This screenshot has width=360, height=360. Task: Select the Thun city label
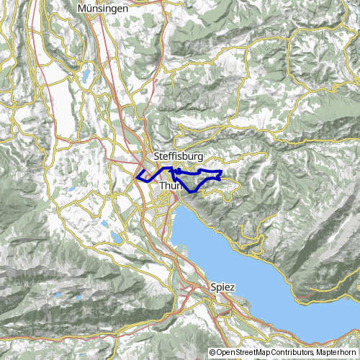(171, 186)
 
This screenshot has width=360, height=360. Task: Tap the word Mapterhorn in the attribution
(336, 352)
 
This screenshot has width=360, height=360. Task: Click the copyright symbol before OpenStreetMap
(212, 352)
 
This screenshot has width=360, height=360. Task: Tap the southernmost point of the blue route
(191, 191)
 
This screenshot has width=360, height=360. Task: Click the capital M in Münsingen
(80, 8)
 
